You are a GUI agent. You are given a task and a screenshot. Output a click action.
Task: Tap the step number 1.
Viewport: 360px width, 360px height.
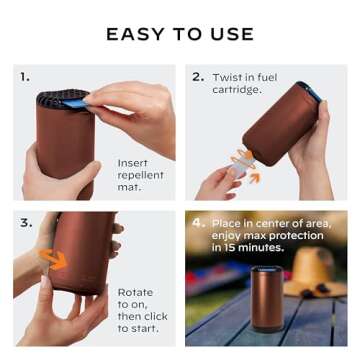pyautogui.click(x=25, y=76)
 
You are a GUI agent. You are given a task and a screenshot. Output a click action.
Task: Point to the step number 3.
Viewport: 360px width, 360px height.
pyautogui.click(x=25, y=222)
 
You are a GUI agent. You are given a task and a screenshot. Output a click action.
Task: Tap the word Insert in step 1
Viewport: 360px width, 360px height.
pyautogui.click(x=133, y=161)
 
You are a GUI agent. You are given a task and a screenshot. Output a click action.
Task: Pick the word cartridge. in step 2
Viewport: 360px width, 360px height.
pyautogui.click(x=236, y=89)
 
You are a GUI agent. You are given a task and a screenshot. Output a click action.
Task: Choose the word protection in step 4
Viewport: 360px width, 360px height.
pyautogui.click(x=295, y=235)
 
